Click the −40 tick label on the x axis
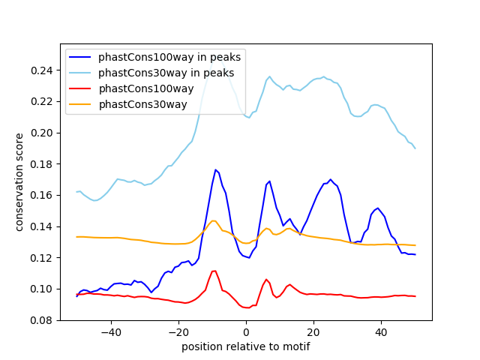pos(110,332)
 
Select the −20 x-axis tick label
pos(178,332)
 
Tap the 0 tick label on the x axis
pos(246,332)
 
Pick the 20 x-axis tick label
pos(313,332)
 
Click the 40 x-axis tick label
pos(381,332)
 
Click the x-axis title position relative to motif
pos(245,346)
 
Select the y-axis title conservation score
pos(19,182)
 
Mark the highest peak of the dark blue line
pos(215,169)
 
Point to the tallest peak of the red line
pos(214,271)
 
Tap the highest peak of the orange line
pos(214,220)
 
